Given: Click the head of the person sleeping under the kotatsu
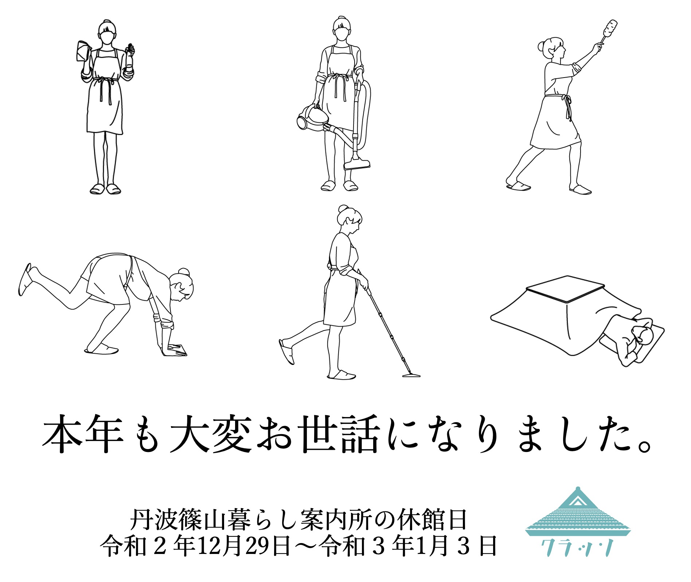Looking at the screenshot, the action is pyautogui.click(x=642, y=333).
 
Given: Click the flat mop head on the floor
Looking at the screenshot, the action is pyautogui.click(x=411, y=375).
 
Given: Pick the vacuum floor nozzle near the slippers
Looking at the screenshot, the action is pyautogui.click(x=357, y=165).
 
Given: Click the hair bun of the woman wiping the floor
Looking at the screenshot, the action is pyautogui.click(x=184, y=272).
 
